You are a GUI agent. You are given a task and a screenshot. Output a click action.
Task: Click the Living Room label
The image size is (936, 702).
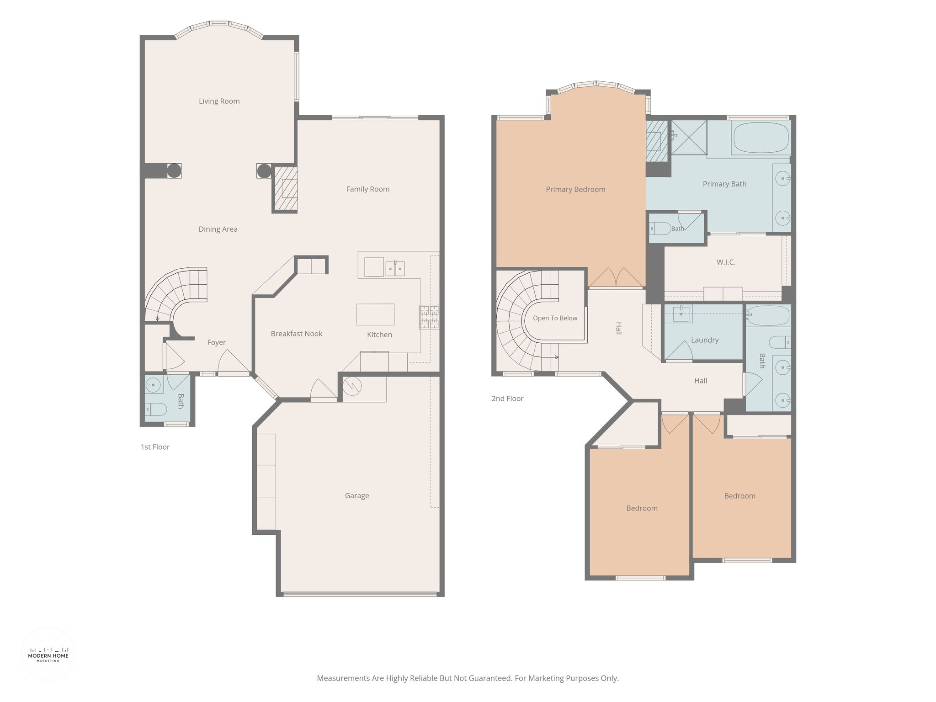tap(219, 101)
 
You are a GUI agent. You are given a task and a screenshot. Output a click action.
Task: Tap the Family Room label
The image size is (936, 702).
tap(367, 189)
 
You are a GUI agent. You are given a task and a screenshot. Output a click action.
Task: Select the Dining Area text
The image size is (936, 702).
tap(218, 229)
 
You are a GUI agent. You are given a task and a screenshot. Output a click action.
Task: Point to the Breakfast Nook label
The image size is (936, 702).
tap(297, 334)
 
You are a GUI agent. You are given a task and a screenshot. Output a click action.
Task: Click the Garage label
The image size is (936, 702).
tap(357, 496)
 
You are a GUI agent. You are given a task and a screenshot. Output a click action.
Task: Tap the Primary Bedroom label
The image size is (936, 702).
tap(575, 189)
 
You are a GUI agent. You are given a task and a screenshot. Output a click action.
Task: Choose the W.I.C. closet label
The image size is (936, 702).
tap(726, 262)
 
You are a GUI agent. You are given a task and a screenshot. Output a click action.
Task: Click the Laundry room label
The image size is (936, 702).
tap(705, 340)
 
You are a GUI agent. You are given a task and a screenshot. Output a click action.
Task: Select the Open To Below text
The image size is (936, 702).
tap(555, 318)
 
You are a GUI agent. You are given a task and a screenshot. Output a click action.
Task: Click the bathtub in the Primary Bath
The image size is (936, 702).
tap(760, 138)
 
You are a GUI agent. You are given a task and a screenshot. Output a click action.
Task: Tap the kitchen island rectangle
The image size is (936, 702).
tap(375, 314)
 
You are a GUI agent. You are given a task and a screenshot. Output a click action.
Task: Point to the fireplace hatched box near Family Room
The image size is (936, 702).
tap(286, 189)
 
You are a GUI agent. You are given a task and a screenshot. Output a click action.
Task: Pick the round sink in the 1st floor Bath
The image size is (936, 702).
tap(153, 385)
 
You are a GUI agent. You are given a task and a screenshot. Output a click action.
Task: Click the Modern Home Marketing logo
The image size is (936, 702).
tap(48, 654)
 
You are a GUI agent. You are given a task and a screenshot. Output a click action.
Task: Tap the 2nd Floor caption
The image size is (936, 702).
tap(507, 399)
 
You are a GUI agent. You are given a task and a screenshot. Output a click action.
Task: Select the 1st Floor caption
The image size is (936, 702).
tap(155, 447)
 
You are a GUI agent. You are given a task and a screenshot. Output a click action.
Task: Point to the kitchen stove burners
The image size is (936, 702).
tap(429, 317)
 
